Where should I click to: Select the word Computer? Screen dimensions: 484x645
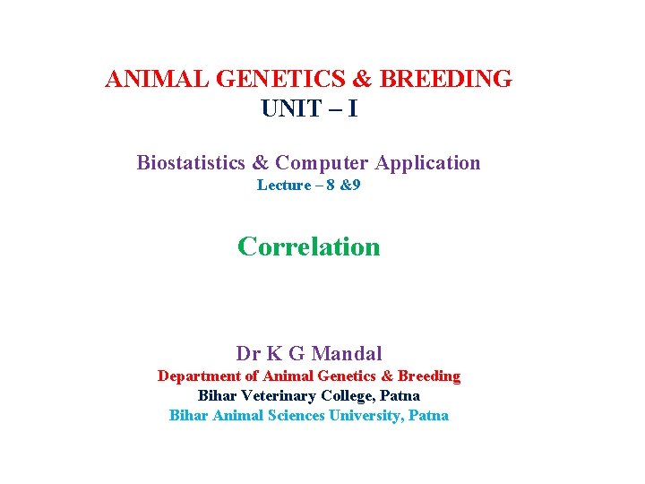322,163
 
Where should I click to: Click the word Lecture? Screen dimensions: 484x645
282,186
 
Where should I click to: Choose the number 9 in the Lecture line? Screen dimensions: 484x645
357,186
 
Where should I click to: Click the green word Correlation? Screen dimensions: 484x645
309,246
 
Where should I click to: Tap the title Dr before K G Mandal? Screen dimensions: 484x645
248,353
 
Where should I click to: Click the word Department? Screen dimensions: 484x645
199,376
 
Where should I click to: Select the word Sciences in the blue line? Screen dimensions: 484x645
297,415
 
